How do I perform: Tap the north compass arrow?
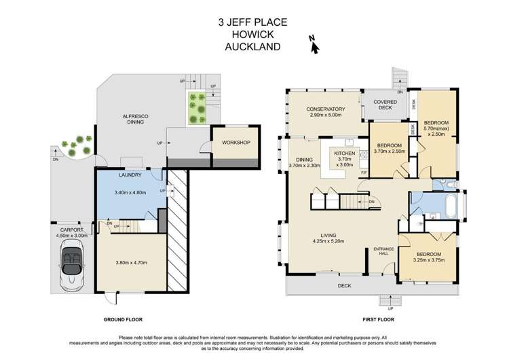click(x=314, y=44)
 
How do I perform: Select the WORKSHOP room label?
click(x=232, y=143)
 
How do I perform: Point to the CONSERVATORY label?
click(x=326, y=109)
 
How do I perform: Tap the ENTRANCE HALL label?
click(x=384, y=251)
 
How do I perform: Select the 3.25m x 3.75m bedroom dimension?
click(x=425, y=259)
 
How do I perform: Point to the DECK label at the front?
click(x=345, y=286)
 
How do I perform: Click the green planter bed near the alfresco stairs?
click(x=197, y=108)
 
